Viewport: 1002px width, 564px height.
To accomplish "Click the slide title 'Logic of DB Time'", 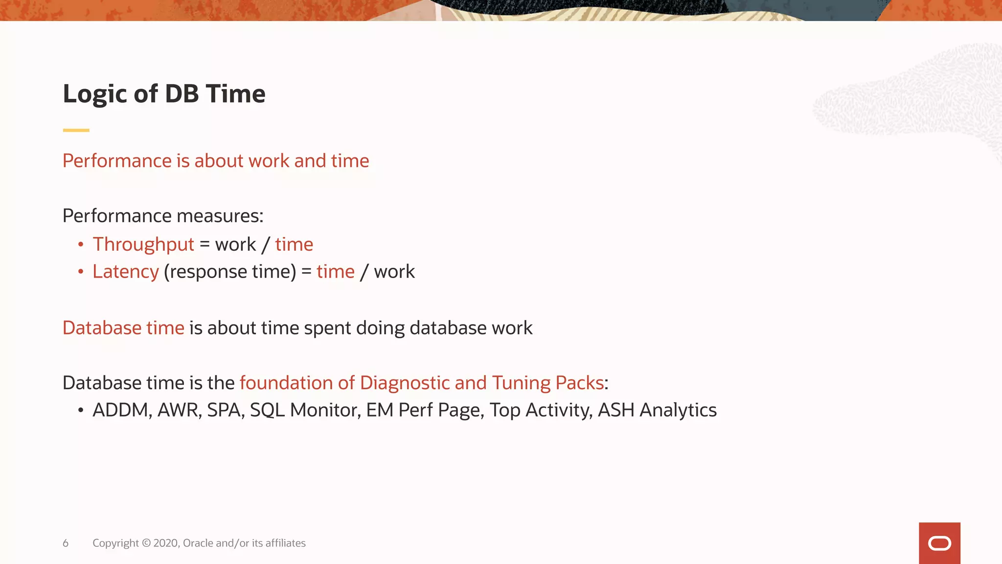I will (164, 94).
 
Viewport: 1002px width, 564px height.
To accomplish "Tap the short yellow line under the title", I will (76, 130).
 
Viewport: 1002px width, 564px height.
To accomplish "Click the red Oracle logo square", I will (939, 543).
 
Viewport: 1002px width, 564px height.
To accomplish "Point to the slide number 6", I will (66, 543).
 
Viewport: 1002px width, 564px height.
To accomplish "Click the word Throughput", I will (143, 244).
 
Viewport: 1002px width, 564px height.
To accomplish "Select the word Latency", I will (126, 272).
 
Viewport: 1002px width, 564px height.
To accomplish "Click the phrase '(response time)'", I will (230, 272).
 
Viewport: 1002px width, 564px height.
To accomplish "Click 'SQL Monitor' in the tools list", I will (305, 410).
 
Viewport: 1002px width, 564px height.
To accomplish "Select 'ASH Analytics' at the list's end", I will (657, 410).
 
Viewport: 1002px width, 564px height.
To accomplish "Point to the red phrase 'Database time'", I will (123, 328).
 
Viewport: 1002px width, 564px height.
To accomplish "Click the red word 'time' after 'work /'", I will (294, 244).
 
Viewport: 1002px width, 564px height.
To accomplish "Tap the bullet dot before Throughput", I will (81, 244).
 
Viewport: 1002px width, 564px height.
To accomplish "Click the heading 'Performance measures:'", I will (163, 216).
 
